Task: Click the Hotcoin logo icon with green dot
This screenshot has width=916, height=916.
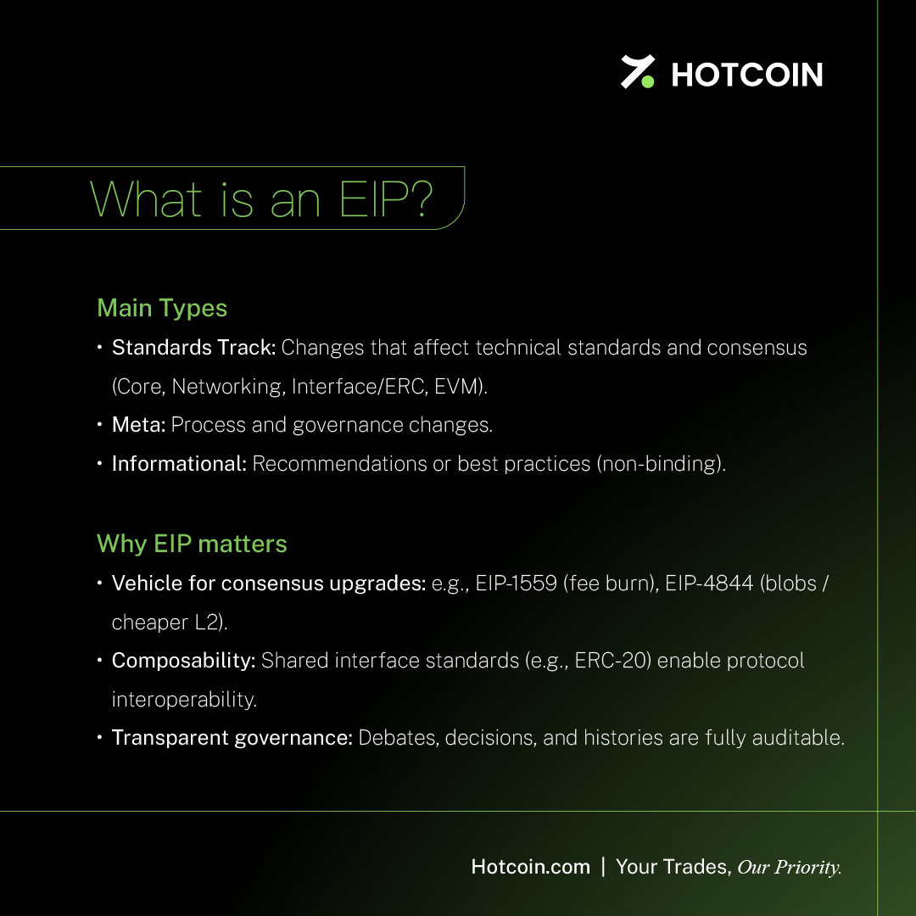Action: [x=637, y=72]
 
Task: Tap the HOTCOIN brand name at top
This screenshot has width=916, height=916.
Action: [x=747, y=75]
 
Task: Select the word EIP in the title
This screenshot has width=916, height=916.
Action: [x=371, y=199]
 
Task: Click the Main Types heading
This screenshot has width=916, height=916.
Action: [x=162, y=308]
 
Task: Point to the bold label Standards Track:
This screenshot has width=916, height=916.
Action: [x=194, y=348]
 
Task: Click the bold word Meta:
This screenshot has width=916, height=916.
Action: [x=139, y=425]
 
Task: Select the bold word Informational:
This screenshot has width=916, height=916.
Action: [x=179, y=464]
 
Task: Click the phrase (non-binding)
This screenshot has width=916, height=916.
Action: [x=660, y=464]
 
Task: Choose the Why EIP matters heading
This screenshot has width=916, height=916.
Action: [x=192, y=544]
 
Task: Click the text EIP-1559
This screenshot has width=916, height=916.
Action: [x=517, y=584]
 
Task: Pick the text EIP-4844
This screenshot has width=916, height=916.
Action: [x=709, y=584]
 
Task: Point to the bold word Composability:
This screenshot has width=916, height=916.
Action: [x=184, y=661]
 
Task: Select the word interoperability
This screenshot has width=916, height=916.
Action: [x=184, y=699]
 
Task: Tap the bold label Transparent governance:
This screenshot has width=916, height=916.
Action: [x=232, y=738]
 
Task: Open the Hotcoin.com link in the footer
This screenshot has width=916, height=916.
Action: [x=530, y=867]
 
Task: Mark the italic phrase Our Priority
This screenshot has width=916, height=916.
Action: [x=790, y=868]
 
